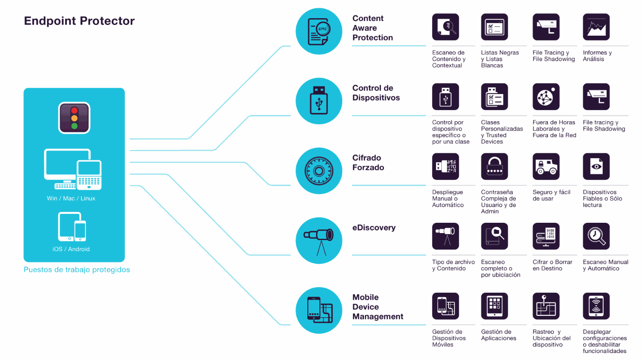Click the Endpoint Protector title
tap(79, 21)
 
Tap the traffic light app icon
tap(74, 118)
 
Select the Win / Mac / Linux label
tap(71, 198)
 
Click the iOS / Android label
tap(71, 249)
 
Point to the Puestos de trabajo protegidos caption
tap(77, 270)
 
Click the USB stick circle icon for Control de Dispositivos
tap(318, 101)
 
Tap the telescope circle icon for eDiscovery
tap(318, 241)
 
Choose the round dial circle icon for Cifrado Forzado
tap(318, 171)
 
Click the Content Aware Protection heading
tap(372, 28)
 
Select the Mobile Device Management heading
tap(377, 307)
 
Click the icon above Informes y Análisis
tap(596, 27)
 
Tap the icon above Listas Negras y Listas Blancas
tap(494, 27)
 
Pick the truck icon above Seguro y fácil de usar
tap(546, 167)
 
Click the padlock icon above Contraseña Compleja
tap(494, 167)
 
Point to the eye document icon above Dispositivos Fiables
tap(596, 167)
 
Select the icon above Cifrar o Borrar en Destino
tap(546, 236)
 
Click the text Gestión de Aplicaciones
tap(498, 335)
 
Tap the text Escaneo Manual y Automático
tap(605, 265)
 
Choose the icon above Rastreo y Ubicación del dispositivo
tap(546, 306)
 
